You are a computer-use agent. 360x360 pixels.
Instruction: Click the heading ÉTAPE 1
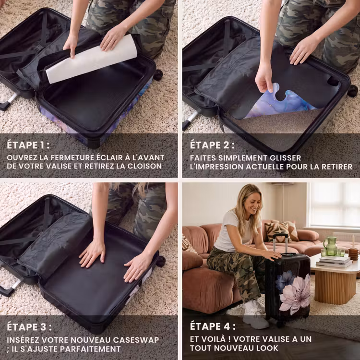[x=28, y=145]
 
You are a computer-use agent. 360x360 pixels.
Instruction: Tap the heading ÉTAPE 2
[x=212, y=145]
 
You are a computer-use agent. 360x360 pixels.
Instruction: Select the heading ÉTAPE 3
[x=29, y=327]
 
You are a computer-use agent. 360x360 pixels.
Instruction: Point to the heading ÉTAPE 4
[x=213, y=326]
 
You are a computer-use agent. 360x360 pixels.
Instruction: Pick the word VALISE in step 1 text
[x=58, y=166]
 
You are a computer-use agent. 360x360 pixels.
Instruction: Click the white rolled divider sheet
[x=91, y=59]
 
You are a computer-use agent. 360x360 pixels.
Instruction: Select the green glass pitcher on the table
[x=330, y=246]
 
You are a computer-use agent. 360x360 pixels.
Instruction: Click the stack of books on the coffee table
[x=334, y=262]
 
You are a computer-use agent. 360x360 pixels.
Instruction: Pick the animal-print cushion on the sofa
[x=277, y=232]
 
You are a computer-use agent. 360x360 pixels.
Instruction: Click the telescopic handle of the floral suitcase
[x=280, y=243]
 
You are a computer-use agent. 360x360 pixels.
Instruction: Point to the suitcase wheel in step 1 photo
[x=158, y=75]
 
